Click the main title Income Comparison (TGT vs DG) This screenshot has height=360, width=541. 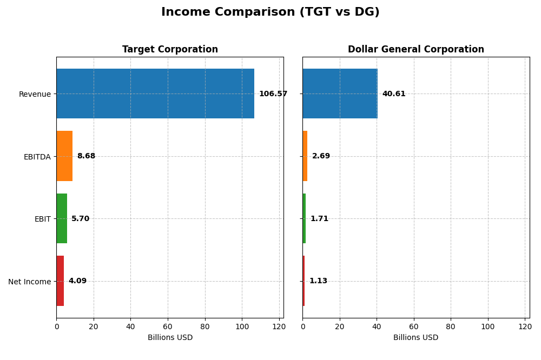(x=270, y=12)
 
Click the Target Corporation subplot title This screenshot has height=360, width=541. (x=170, y=49)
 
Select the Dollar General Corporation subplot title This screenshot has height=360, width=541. (x=415, y=49)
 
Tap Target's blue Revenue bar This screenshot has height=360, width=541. (x=155, y=94)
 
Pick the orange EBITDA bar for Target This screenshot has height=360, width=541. (x=64, y=156)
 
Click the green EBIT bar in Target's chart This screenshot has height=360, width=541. (x=62, y=218)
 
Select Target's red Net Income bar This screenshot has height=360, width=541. (x=60, y=281)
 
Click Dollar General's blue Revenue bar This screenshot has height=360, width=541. (x=340, y=94)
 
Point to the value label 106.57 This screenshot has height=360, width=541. (x=273, y=94)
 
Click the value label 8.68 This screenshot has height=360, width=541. (x=86, y=156)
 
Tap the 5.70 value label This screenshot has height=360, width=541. (x=80, y=219)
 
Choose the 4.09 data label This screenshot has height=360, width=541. (x=77, y=281)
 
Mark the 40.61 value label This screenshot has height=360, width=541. (x=393, y=94)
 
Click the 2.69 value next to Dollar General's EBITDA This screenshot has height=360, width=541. (x=321, y=156)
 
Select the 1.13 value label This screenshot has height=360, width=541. (x=318, y=281)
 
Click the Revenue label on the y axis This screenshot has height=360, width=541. (x=35, y=95)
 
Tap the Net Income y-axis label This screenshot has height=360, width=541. (x=30, y=282)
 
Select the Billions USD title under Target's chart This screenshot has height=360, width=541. (x=170, y=338)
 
